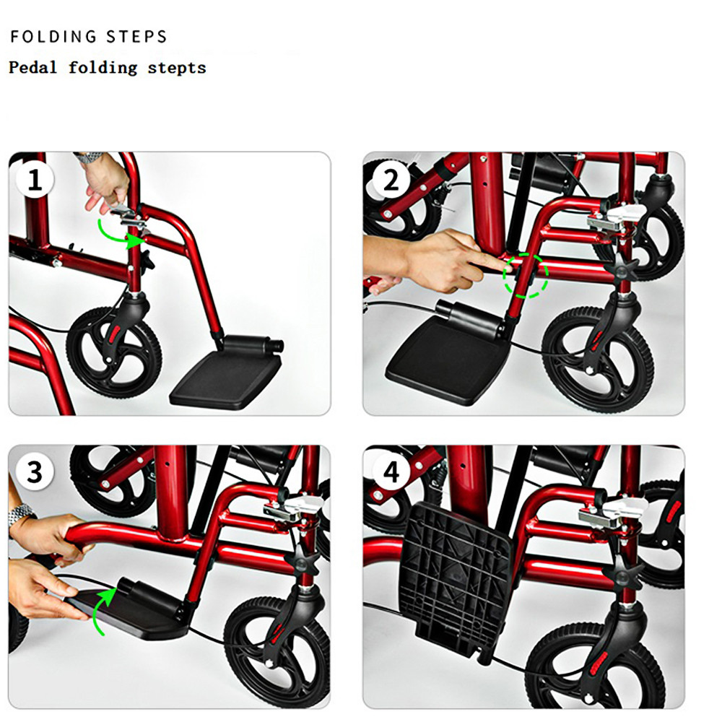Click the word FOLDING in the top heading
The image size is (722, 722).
[53, 37]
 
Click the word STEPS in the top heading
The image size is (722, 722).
[136, 37]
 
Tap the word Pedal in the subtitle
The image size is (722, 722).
[32, 68]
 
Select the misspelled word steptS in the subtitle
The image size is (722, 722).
[177, 68]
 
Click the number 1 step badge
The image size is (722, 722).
[35, 180]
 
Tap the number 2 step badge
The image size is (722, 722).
[391, 180]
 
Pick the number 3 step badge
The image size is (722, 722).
[35, 472]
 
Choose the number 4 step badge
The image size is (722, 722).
[391, 472]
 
